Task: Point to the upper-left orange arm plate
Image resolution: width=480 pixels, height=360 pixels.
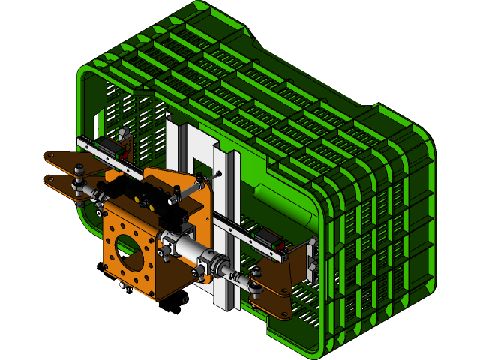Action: (64, 161)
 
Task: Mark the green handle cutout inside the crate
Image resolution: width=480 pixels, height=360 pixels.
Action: (281, 202)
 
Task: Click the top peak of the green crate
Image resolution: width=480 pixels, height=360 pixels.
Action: (196, 6)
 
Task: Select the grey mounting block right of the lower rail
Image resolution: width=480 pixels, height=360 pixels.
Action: (311, 259)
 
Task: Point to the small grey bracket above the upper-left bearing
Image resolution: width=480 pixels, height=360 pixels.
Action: (124, 134)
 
